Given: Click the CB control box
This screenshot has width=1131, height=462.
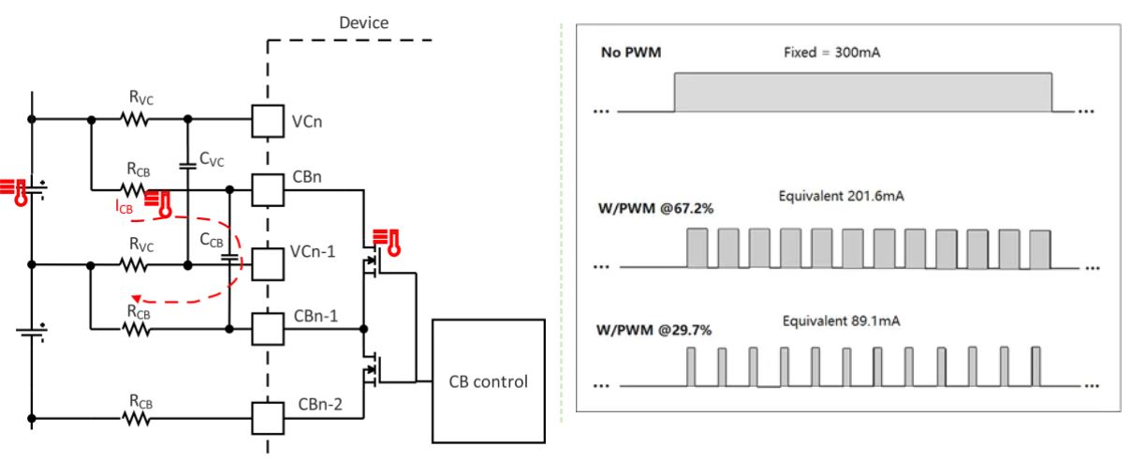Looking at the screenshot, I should (488, 381).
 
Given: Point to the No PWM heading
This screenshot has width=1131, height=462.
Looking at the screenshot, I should (630, 52).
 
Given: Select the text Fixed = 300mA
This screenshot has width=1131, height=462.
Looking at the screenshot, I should (831, 52).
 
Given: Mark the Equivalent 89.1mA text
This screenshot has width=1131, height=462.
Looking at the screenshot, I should (835, 321).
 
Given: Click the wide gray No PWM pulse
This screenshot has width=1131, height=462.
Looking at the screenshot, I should (863, 93).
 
